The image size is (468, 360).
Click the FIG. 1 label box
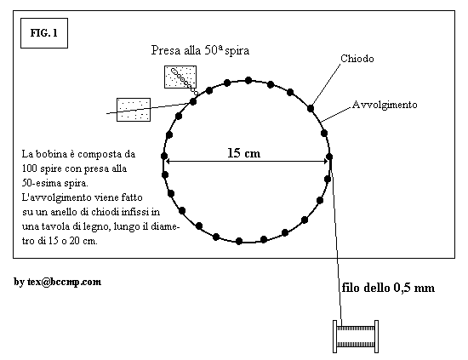click(44, 33)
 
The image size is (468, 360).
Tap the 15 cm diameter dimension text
click(244, 153)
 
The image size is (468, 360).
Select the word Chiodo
click(357, 59)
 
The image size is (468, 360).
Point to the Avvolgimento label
click(385, 105)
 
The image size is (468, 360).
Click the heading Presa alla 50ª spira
click(200, 50)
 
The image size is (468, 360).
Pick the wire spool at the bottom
click(356, 336)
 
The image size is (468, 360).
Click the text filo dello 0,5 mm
click(388, 288)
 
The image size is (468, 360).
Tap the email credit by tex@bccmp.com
click(58, 282)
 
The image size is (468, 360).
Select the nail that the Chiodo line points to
click(311, 108)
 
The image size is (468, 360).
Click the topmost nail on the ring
click(248, 80)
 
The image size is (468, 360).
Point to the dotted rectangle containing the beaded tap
click(180, 77)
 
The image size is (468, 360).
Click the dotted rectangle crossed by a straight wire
click(134, 110)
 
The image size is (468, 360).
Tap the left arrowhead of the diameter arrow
click(168, 162)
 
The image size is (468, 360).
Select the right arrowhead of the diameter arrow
click(326, 162)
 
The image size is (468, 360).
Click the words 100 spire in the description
click(37, 169)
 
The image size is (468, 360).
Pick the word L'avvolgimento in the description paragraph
click(56, 197)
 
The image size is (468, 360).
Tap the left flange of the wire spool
click(335, 336)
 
